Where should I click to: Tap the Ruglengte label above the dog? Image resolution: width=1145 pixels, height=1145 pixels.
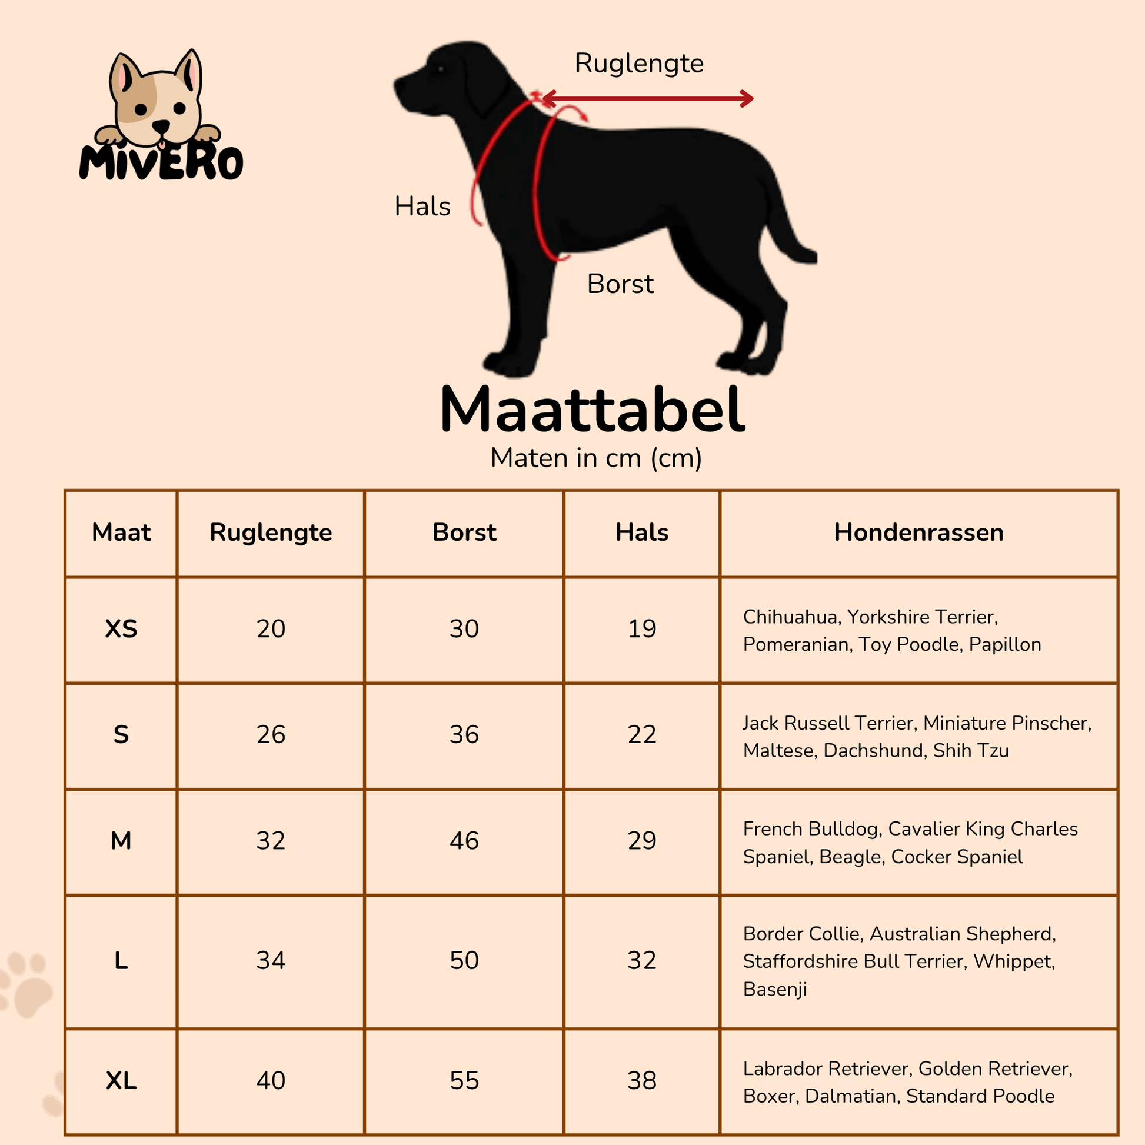click(x=639, y=64)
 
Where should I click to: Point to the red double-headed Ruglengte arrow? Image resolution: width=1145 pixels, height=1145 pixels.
click(x=647, y=98)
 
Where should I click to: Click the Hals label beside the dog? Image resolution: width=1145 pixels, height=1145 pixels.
click(x=422, y=207)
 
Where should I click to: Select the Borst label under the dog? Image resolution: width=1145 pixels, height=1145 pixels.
click(x=620, y=284)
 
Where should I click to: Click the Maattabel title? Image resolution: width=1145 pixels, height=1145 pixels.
click(x=592, y=410)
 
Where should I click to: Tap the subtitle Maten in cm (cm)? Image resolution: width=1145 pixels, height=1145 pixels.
click(x=595, y=458)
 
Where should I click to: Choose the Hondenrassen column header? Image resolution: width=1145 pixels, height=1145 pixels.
click(x=918, y=532)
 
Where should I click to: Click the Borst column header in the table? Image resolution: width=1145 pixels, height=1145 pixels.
click(x=464, y=532)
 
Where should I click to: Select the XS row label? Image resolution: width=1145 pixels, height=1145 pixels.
click(x=121, y=629)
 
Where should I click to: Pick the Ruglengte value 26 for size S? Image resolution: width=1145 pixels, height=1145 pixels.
click(x=271, y=735)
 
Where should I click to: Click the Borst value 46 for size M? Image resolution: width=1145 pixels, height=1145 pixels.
click(x=464, y=841)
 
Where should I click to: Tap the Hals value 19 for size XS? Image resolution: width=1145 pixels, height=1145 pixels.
click(x=642, y=629)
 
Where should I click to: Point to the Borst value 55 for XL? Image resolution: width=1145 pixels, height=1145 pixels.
click(x=464, y=1080)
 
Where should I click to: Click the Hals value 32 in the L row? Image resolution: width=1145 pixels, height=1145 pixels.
click(x=642, y=961)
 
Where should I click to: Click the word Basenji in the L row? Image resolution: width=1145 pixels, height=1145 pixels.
click(x=774, y=989)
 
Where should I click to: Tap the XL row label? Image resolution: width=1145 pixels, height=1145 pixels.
click(x=121, y=1080)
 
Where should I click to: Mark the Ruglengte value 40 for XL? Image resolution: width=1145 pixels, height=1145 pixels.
click(x=271, y=1080)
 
